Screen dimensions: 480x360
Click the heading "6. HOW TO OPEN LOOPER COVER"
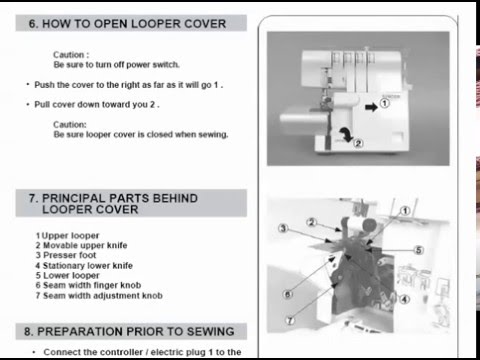pyautogui.click(x=127, y=24)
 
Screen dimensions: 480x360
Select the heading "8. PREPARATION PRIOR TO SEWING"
pyautogui.click(x=129, y=332)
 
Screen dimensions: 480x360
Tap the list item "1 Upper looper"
pyautogui.click(x=68, y=236)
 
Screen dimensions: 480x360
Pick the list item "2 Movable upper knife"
pyautogui.click(x=81, y=245)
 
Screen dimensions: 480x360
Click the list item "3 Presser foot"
pyautogui.click(x=66, y=255)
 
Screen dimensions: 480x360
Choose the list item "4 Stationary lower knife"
pyautogui.click(x=84, y=266)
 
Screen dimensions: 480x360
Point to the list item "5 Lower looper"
pyautogui.click(x=68, y=276)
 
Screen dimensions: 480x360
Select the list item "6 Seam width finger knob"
pyautogui.click(x=88, y=285)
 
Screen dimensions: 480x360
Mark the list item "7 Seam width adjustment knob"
pyautogui.click(x=99, y=296)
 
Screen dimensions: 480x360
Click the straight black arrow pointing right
pyautogui.click(x=371, y=107)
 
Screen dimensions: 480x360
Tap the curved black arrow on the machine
pyautogui.click(x=347, y=134)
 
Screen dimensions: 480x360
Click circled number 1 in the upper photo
pyautogui.click(x=385, y=103)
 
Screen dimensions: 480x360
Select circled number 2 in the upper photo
pyautogui.click(x=358, y=143)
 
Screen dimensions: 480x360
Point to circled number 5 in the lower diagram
pyautogui.click(x=419, y=250)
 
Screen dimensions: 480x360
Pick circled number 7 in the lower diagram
pyautogui.click(x=290, y=321)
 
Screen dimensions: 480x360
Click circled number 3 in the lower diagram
pyautogui.click(x=283, y=228)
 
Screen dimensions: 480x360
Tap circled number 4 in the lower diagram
pyautogui.click(x=404, y=299)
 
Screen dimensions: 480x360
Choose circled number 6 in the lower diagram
pyautogui.click(x=288, y=294)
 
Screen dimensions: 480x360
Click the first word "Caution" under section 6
pyautogui.click(x=69, y=55)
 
